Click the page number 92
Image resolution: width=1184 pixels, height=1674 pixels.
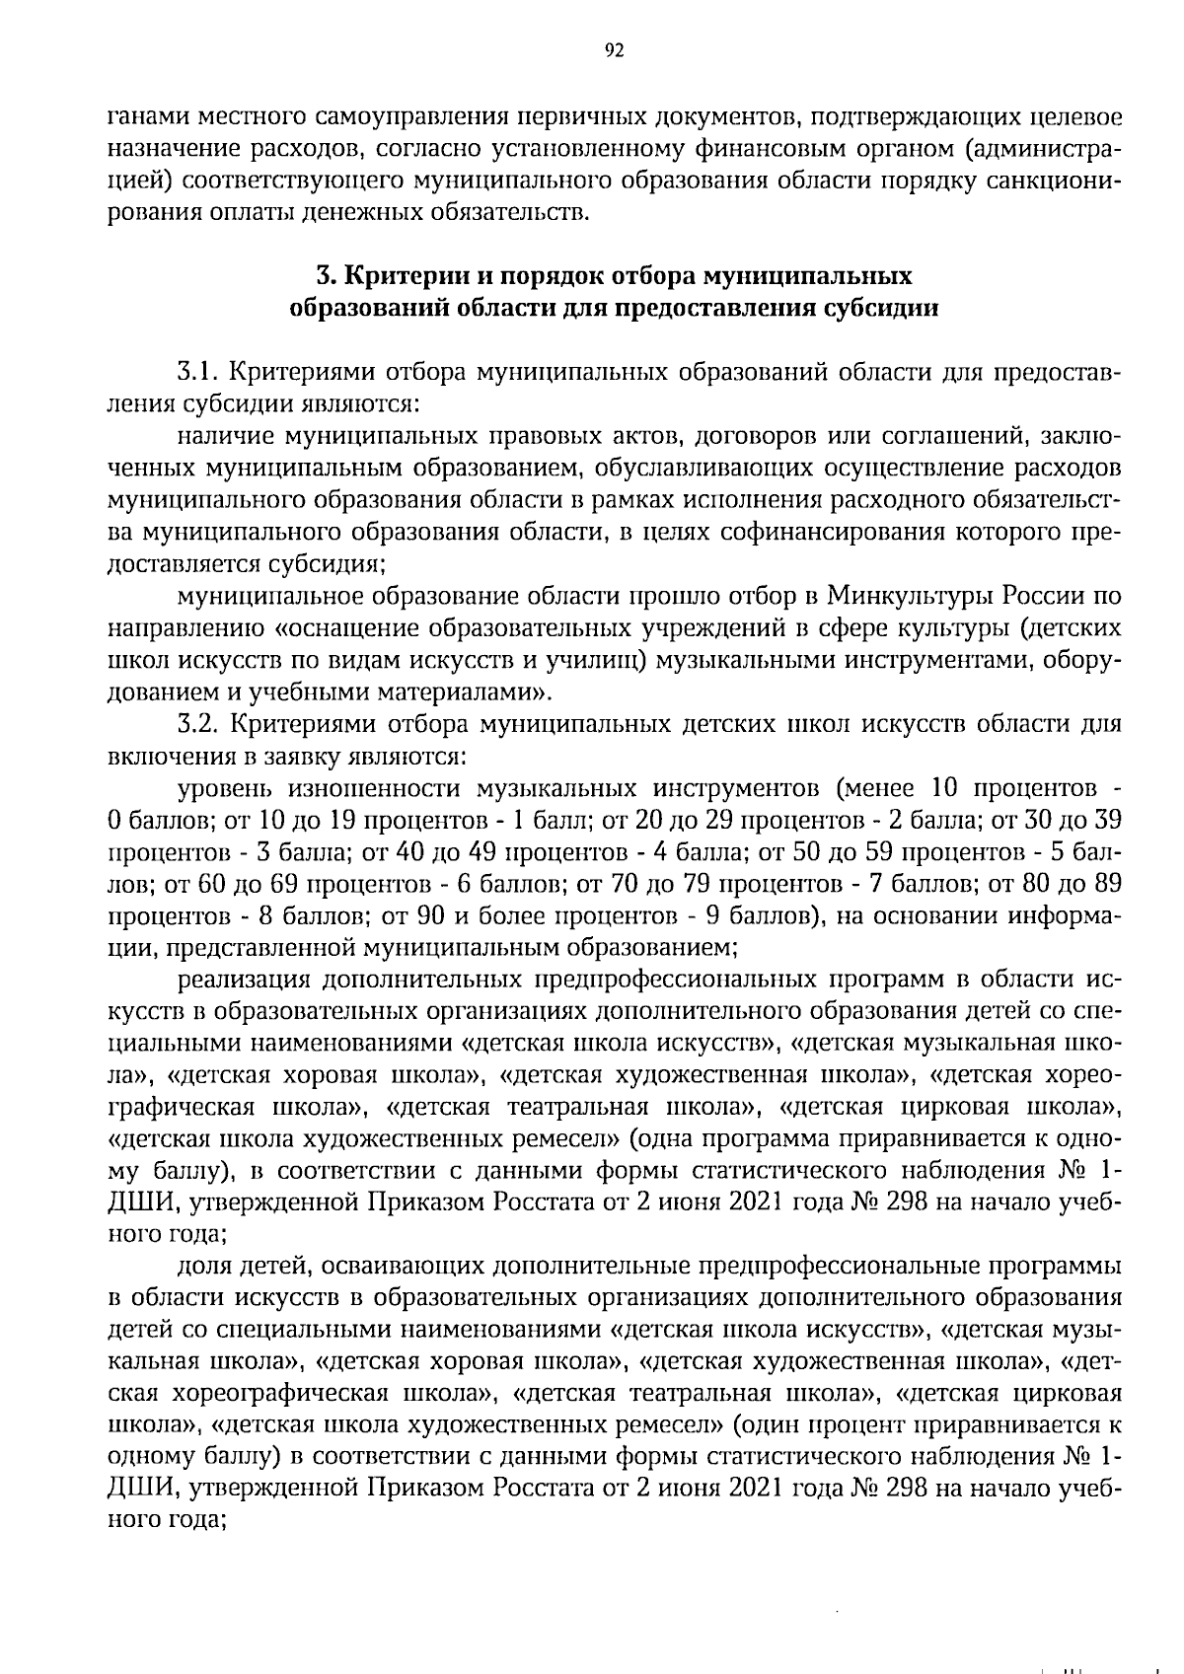coord(613,51)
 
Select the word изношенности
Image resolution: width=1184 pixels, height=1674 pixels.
coord(375,789)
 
